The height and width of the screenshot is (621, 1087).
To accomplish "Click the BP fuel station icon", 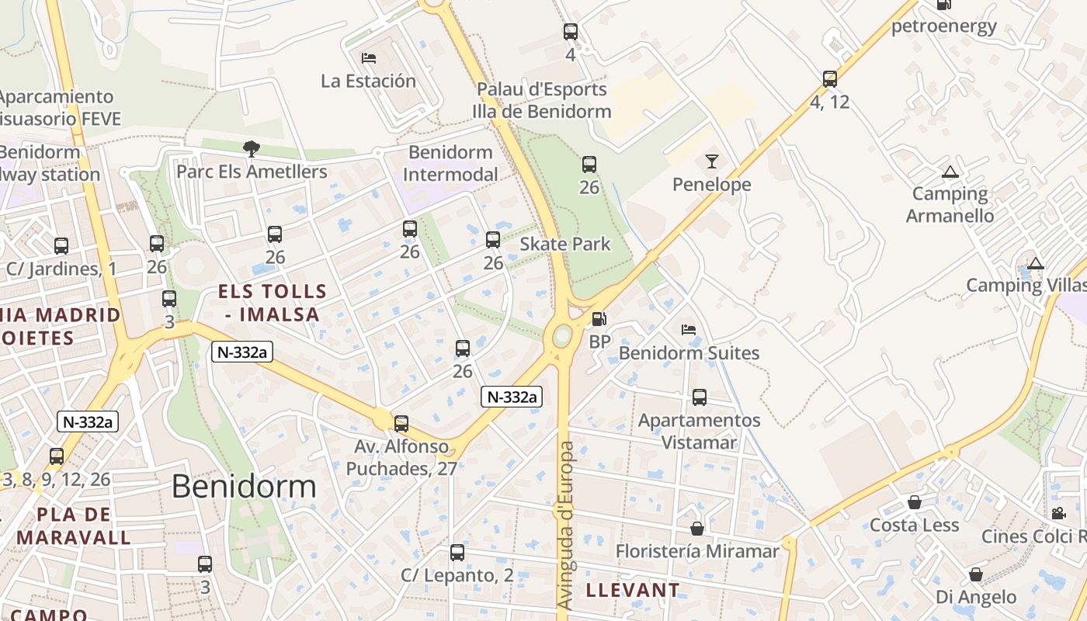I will pyautogui.click(x=599, y=318).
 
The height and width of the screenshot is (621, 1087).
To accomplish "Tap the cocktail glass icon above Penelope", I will pyautogui.click(x=711, y=161).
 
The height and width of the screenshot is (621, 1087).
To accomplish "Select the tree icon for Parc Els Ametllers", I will pyautogui.click(x=251, y=148).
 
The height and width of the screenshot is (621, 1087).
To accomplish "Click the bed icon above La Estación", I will pyautogui.click(x=369, y=58).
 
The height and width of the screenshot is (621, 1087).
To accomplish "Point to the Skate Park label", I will pyautogui.click(x=565, y=244).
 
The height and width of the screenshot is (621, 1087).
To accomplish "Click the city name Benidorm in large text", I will pyautogui.click(x=244, y=487).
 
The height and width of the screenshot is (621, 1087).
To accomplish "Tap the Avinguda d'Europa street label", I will pyautogui.click(x=566, y=525).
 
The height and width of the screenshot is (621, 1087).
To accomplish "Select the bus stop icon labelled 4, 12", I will pyautogui.click(x=830, y=78).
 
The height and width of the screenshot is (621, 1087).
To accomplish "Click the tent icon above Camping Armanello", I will pyautogui.click(x=950, y=172).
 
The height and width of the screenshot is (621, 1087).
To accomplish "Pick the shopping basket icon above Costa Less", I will pyautogui.click(x=915, y=502).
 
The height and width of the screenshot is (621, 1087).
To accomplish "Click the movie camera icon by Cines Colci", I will pyautogui.click(x=1057, y=513).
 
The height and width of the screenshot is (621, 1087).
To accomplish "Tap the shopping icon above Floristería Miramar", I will pyautogui.click(x=697, y=529).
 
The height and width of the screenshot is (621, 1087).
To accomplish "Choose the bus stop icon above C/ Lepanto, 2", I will pyautogui.click(x=457, y=553).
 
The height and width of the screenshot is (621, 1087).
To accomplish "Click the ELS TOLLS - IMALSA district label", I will pyautogui.click(x=272, y=303).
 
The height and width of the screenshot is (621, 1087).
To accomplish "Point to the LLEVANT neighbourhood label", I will pyautogui.click(x=632, y=590).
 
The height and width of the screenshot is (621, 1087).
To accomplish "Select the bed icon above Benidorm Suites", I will pyautogui.click(x=689, y=330).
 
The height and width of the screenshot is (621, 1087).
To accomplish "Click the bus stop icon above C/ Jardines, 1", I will pyautogui.click(x=61, y=246).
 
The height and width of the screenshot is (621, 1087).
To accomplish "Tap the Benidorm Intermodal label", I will pyautogui.click(x=450, y=163).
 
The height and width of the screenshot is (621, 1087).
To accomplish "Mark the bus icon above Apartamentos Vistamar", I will pyautogui.click(x=699, y=397).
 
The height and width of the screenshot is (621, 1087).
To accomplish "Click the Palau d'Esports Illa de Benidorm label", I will pyautogui.click(x=542, y=100).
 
